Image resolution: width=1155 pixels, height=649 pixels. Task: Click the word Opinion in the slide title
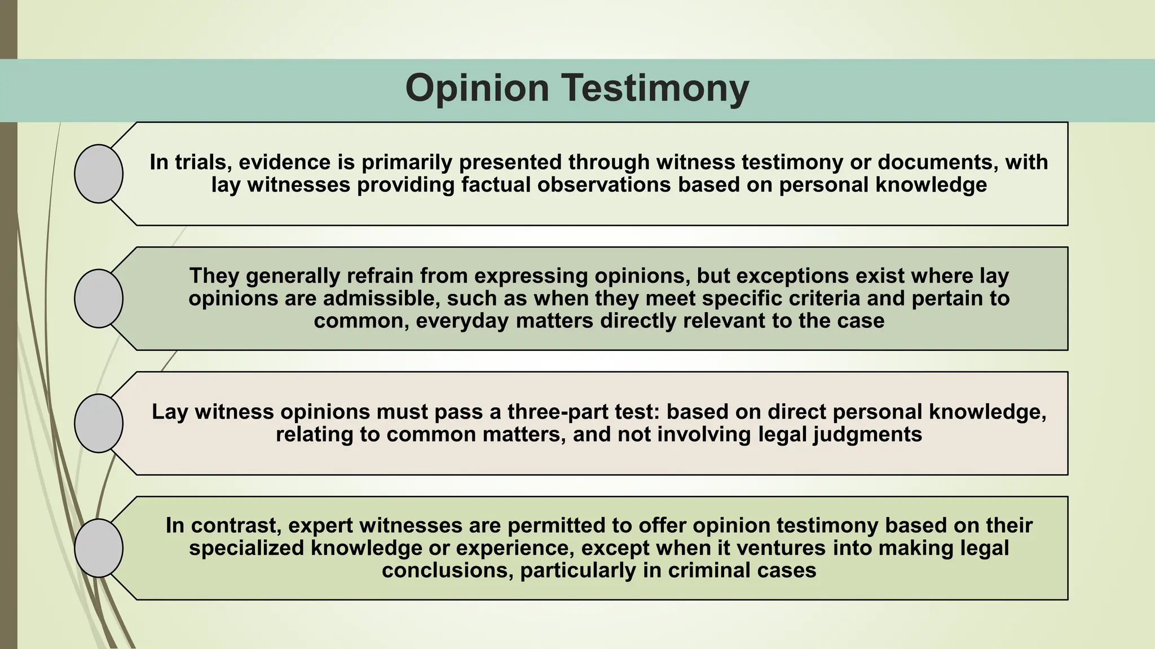tap(477, 88)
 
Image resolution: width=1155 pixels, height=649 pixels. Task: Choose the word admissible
tap(389, 299)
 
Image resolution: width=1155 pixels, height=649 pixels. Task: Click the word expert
tap(320, 526)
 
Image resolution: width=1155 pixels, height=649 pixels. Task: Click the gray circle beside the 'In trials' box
tap(99, 174)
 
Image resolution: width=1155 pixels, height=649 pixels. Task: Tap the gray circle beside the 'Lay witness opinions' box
tap(99, 423)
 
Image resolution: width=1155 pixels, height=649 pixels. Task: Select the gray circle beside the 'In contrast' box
tap(99, 548)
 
